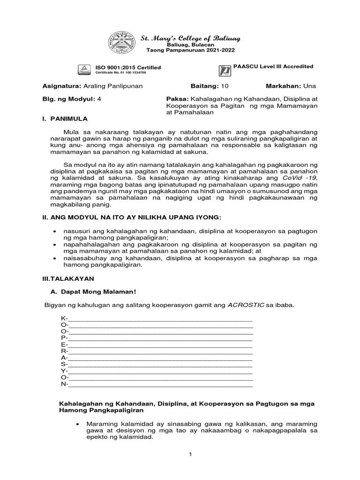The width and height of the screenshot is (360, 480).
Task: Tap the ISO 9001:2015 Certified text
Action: click(x=128, y=68)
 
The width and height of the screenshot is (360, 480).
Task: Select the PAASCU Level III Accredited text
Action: click(x=273, y=67)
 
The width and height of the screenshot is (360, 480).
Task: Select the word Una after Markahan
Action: click(x=309, y=86)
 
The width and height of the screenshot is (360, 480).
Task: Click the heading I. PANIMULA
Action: click(x=64, y=120)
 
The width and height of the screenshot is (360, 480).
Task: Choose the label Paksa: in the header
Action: click(x=170, y=99)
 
